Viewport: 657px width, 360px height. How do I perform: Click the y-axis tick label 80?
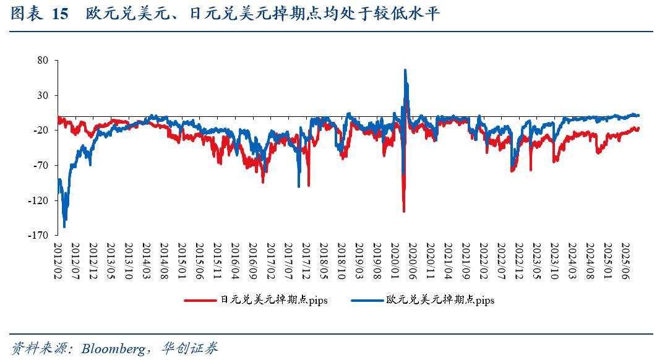tap(43, 61)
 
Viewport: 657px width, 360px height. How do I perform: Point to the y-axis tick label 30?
tap(43, 95)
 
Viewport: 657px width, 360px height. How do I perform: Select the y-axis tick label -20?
tap(41, 131)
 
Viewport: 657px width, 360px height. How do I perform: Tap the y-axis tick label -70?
tap(41, 165)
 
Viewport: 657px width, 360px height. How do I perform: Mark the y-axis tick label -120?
tap(38, 200)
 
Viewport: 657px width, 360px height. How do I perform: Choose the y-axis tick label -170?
tap(38, 236)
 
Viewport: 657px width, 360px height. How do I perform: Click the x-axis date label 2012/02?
tap(57, 260)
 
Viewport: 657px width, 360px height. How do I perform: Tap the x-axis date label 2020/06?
tap(412, 260)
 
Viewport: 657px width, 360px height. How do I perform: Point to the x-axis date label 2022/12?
tap(518, 260)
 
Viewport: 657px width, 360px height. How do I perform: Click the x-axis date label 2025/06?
tap(625, 260)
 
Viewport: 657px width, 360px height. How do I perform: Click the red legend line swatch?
tap(201, 301)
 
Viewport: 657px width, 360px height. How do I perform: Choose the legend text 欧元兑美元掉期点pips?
tap(440, 301)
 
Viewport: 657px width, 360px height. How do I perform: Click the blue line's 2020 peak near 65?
tap(405, 70)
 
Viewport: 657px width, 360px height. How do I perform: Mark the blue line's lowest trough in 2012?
tap(64, 227)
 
